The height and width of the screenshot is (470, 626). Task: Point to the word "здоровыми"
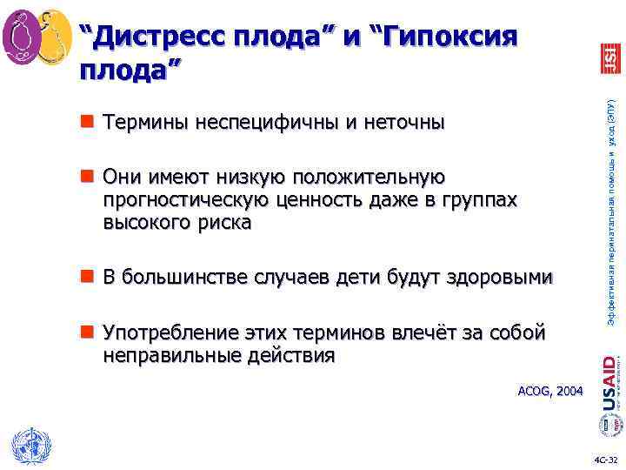point(499,278)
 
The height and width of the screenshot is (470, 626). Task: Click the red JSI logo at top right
point(609,57)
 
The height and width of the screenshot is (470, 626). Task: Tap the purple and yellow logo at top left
point(37,36)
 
